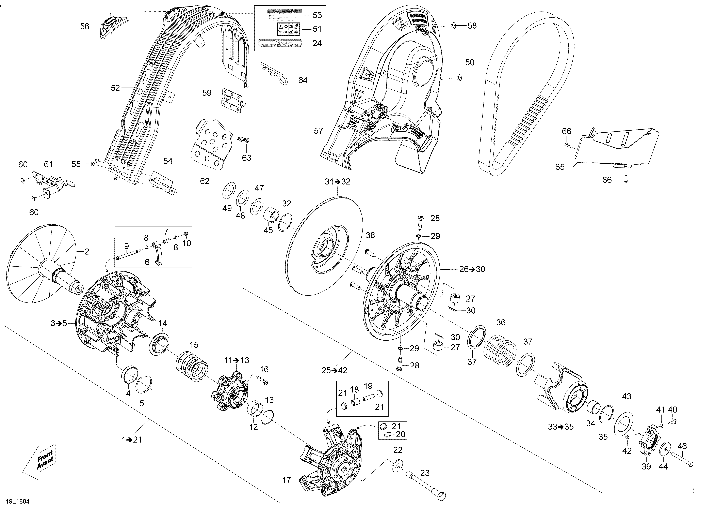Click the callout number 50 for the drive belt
(x=470, y=63)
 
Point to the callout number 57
(x=318, y=131)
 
